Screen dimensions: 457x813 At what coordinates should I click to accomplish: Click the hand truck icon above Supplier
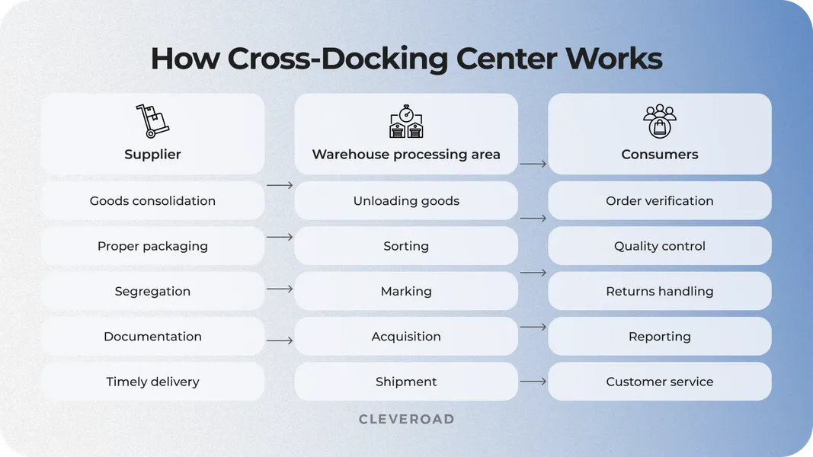[x=152, y=121]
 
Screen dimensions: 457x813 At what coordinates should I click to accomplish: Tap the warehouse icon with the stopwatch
[x=406, y=122]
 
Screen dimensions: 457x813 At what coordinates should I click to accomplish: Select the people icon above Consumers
[x=660, y=121]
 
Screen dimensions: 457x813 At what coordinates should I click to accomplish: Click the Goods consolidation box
[x=152, y=201]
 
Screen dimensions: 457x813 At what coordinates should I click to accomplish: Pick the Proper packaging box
[x=152, y=246]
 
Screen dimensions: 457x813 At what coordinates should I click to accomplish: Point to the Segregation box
[x=152, y=291]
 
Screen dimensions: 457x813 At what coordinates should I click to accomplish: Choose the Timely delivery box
[x=152, y=382]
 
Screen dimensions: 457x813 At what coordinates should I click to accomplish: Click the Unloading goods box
[x=406, y=201]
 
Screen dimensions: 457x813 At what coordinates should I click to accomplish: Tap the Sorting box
[x=406, y=246]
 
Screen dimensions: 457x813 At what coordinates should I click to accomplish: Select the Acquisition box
[x=406, y=337]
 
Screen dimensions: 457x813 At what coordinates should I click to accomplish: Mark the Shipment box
[x=406, y=382]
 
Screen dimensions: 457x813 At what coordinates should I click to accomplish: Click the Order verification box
[x=660, y=201]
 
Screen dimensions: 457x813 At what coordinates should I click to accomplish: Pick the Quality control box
[x=660, y=246]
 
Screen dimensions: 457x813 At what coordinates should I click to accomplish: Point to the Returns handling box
[x=660, y=291]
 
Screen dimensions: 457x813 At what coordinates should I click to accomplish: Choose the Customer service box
[x=660, y=382]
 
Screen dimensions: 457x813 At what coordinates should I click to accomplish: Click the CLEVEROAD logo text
[x=406, y=419]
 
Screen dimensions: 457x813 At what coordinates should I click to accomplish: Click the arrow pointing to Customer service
[x=533, y=381]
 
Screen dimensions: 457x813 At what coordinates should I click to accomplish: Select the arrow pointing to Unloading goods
[x=280, y=185]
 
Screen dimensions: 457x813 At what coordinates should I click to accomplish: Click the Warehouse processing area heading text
[x=406, y=155]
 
